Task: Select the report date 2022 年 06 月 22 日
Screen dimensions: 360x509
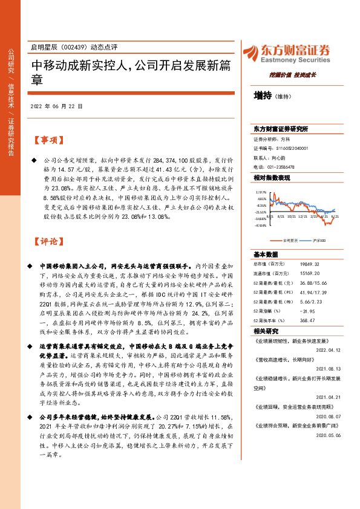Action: pos(55,106)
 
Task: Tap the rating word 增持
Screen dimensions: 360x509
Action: pos(263,95)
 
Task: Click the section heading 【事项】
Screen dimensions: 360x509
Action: pos(48,140)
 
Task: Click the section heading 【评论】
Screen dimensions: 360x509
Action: pos(48,242)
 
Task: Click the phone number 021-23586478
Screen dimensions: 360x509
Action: pos(280,167)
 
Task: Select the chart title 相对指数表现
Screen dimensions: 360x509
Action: pos(272,178)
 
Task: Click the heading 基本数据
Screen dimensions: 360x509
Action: pos(266,254)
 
